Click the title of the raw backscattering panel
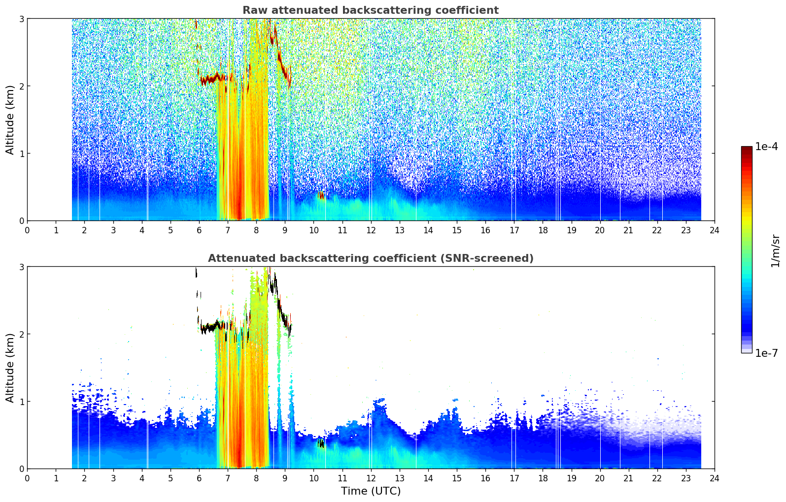coord(371,10)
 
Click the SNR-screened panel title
coord(371,258)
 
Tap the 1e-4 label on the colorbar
coord(766,147)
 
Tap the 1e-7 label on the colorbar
coord(766,353)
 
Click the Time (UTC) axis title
coord(371,491)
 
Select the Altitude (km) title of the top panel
coord(10,120)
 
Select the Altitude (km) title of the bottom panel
coord(10,368)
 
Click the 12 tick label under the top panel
coord(371,230)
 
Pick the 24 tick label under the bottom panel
coord(715,478)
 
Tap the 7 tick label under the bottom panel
coord(228,478)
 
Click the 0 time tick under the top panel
coord(28,230)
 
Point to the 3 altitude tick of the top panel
coord(21,19)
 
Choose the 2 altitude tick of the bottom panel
coord(21,334)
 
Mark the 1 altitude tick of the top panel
coord(21,154)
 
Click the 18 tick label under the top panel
coord(543,230)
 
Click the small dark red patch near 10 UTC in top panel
coord(321,195)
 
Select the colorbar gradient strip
coord(747,250)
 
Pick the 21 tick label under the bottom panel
coord(628,478)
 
